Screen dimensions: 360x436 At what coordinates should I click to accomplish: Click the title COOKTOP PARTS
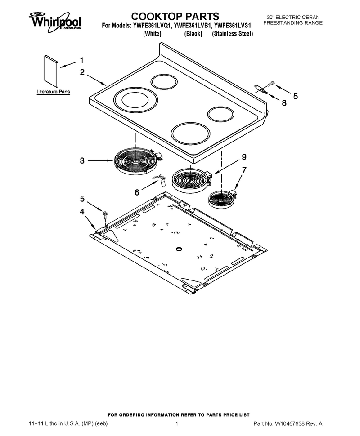(175, 16)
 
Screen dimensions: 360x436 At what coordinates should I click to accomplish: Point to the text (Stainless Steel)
(233, 34)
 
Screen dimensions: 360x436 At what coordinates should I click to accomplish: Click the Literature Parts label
(53, 92)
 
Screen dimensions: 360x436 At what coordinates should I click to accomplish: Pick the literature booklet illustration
(51, 71)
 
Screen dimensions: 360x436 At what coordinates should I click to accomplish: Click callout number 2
(82, 72)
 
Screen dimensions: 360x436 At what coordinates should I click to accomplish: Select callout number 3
(82, 161)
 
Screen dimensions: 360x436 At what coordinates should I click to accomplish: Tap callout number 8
(284, 103)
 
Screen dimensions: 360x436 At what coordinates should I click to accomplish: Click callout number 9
(244, 157)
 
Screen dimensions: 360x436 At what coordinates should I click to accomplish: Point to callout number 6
(137, 192)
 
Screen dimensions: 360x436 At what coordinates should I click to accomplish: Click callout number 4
(82, 212)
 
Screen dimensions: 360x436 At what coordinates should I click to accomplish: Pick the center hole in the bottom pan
(179, 248)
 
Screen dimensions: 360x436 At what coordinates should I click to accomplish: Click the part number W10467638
(290, 424)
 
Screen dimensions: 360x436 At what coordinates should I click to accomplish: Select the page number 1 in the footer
(176, 424)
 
